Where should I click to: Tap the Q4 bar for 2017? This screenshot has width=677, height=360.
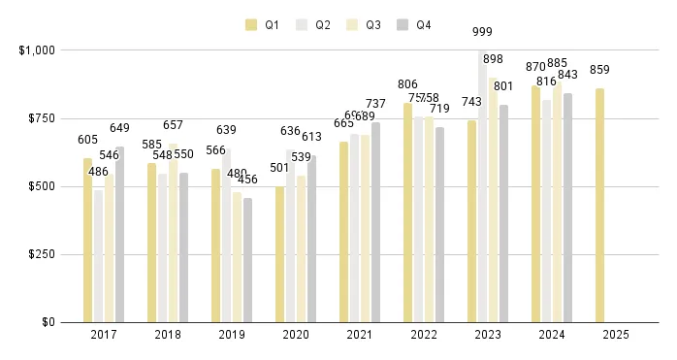coord(119,234)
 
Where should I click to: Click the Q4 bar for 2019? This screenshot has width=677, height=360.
coord(247,260)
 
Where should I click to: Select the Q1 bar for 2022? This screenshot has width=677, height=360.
coord(408,213)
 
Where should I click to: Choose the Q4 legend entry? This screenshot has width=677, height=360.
coord(414,25)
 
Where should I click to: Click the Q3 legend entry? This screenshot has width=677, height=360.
coord(364,25)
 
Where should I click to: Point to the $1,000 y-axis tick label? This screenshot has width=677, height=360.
coord(38,49)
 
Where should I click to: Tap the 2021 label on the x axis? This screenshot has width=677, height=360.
coord(359,336)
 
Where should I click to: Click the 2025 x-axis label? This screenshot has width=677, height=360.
coord(615,336)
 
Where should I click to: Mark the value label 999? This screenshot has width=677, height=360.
coord(483,31)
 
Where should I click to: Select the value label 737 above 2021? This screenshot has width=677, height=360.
coord(375,104)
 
